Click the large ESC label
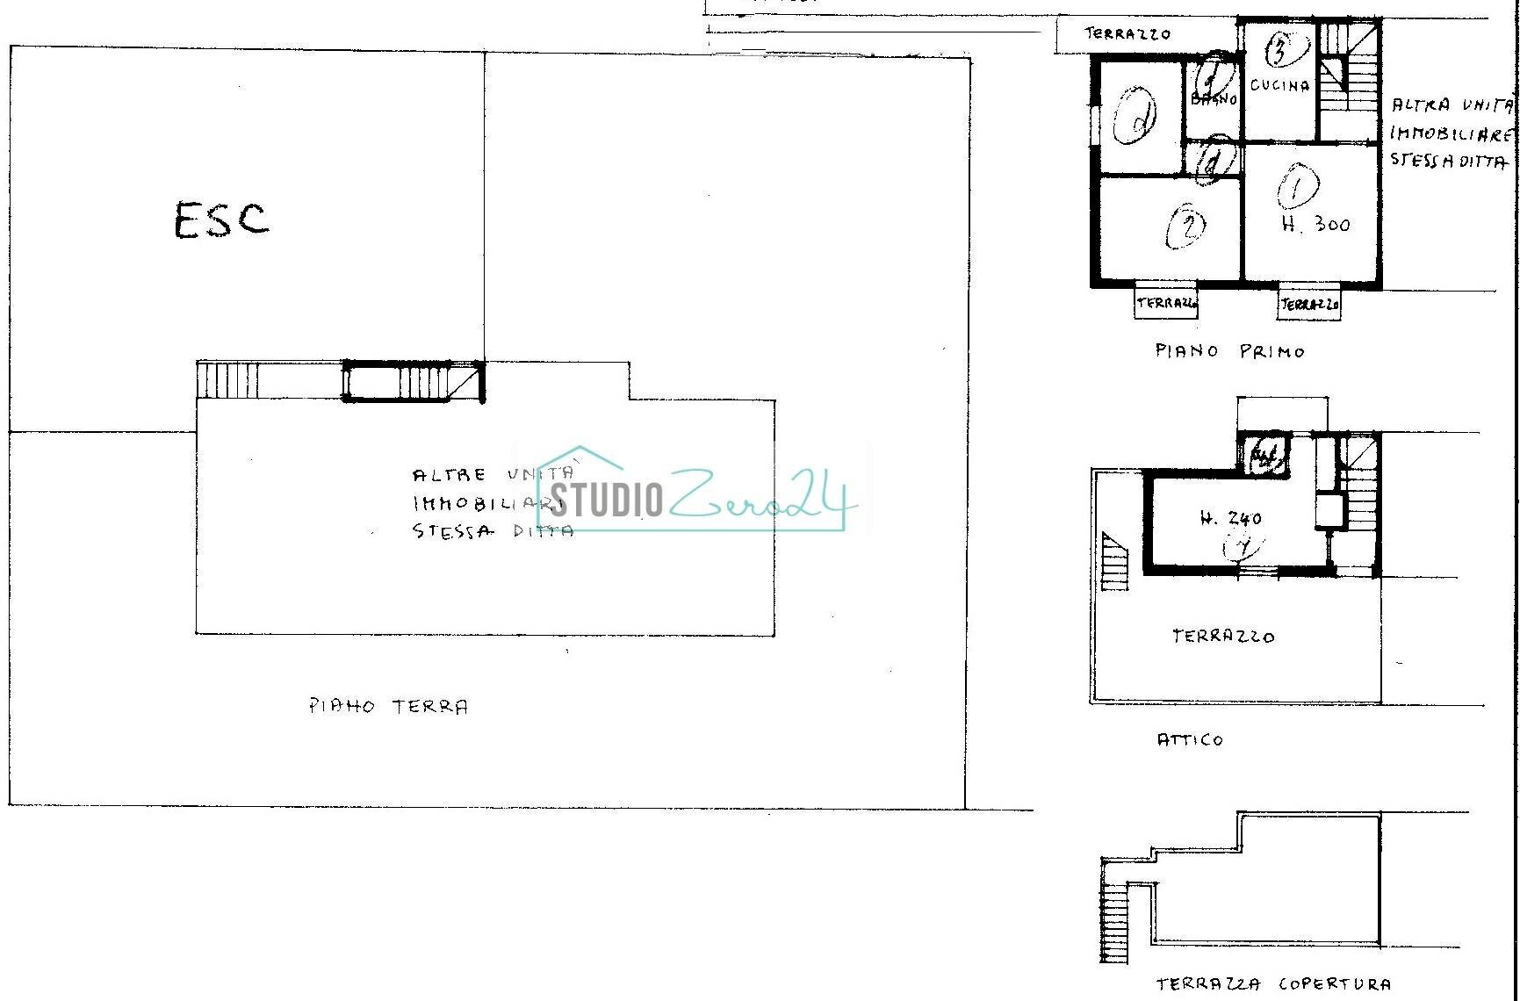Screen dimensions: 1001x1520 click(221, 220)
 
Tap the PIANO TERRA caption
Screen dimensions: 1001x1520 click(388, 707)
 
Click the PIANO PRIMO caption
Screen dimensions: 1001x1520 click(1229, 351)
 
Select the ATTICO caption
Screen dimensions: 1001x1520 click(1190, 740)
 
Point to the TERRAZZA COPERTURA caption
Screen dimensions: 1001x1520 click(1273, 984)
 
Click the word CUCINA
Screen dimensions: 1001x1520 click(1279, 85)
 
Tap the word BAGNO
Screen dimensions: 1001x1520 click(1214, 99)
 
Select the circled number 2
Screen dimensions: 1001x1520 click(1186, 227)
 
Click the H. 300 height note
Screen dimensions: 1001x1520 click(1315, 225)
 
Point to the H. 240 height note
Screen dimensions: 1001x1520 click(1230, 518)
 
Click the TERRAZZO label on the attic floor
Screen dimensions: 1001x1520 click(1223, 636)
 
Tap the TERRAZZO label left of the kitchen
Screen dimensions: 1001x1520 click(1127, 34)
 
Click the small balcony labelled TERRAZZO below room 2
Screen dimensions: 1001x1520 click(1166, 303)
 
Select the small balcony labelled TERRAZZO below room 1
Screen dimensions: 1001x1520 click(1309, 305)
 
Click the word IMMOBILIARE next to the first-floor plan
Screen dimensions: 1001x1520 click(1451, 134)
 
